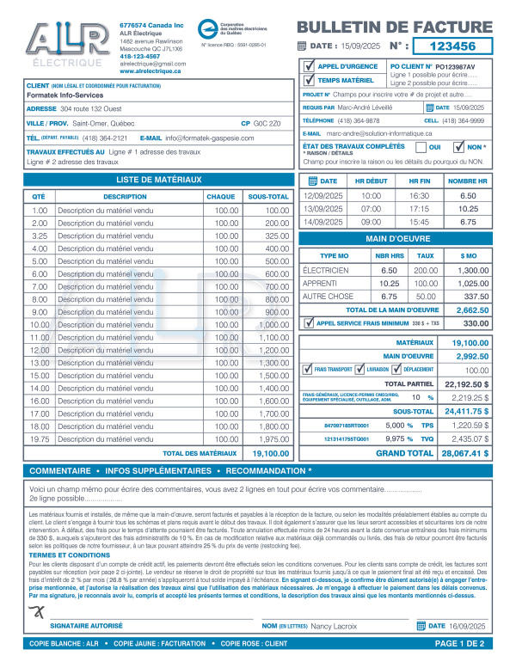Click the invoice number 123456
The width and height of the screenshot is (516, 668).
[x=451, y=46]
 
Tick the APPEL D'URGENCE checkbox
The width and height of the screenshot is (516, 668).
[x=310, y=65]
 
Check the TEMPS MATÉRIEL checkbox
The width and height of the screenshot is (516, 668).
[x=310, y=80]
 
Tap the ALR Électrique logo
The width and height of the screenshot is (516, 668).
[x=65, y=44]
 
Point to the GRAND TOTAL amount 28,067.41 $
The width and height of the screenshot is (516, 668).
[x=464, y=452]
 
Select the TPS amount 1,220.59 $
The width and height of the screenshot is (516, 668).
[x=470, y=426]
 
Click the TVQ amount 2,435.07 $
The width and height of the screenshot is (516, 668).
[x=470, y=438]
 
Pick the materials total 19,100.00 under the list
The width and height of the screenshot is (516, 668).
[x=270, y=453]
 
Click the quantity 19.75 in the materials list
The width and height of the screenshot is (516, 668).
[x=40, y=439]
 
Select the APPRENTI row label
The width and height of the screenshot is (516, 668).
[x=320, y=283]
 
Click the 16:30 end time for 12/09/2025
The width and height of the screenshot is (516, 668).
[x=419, y=196]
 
